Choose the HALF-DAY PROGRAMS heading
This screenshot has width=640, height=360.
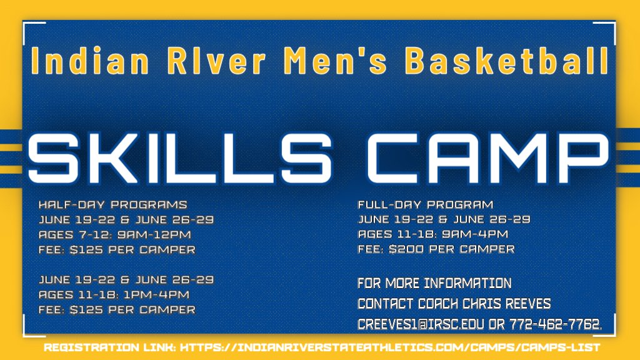click(x=112, y=204)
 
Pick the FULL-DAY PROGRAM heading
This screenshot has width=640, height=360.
click(x=425, y=204)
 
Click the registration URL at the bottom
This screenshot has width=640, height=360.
click(x=391, y=347)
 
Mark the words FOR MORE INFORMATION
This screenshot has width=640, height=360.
click(x=434, y=283)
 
